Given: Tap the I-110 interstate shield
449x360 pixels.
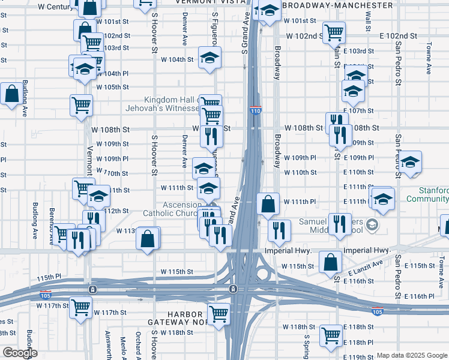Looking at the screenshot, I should click(x=255, y=110).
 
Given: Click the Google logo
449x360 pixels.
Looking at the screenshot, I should click(x=20, y=353).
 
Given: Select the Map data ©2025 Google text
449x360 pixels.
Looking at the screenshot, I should click(x=412, y=355).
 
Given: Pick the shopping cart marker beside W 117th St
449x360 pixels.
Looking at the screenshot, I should click(x=80, y=307).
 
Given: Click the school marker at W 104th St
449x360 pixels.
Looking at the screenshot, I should click(x=209, y=58).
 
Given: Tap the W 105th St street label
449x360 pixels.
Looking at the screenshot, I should click(x=112, y=87).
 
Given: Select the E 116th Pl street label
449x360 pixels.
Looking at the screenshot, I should click(x=418, y=296).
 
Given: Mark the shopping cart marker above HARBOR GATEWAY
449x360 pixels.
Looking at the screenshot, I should click(x=218, y=312).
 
